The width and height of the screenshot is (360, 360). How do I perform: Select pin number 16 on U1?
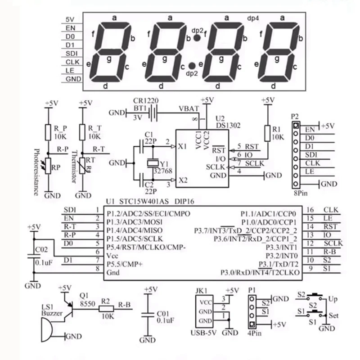[x=310, y=210]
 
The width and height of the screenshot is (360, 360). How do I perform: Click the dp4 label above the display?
[x=253, y=19]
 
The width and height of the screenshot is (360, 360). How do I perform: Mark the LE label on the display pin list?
[x=70, y=70]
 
